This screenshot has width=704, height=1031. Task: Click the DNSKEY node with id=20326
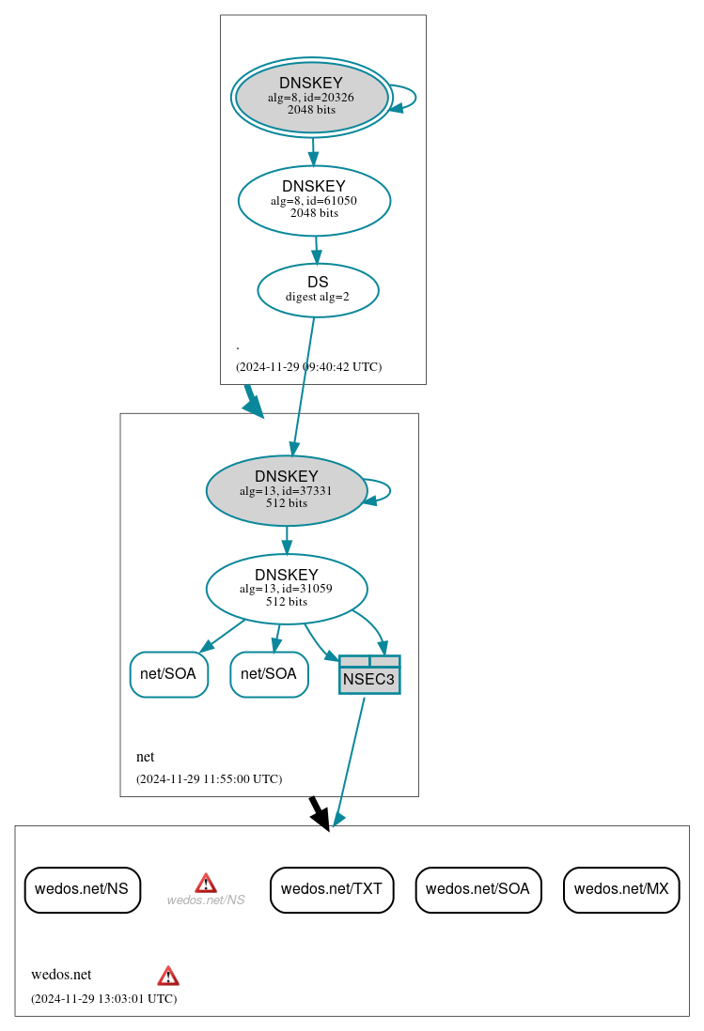(311, 97)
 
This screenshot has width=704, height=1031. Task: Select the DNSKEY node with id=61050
(314, 200)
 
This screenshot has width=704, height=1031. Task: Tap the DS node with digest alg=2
(318, 290)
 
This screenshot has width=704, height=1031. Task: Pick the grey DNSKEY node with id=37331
(287, 490)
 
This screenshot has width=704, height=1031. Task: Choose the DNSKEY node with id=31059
(287, 589)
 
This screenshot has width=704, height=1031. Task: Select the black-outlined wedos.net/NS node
(82, 889)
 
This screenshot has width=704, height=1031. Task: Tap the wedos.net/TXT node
(332, 889)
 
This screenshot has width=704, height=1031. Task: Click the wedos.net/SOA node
(477, 889)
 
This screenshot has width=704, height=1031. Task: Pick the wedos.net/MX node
(621, 889)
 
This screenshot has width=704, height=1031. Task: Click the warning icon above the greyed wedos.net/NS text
(206, 883)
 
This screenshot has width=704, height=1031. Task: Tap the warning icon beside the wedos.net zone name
(168, 976)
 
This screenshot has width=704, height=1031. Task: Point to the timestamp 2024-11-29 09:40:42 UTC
(308, 367)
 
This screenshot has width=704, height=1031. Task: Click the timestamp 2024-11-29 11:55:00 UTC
(209, 779)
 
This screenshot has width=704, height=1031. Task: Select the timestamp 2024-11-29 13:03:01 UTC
(103, 999)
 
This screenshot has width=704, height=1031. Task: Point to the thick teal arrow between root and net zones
(253, 401)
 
